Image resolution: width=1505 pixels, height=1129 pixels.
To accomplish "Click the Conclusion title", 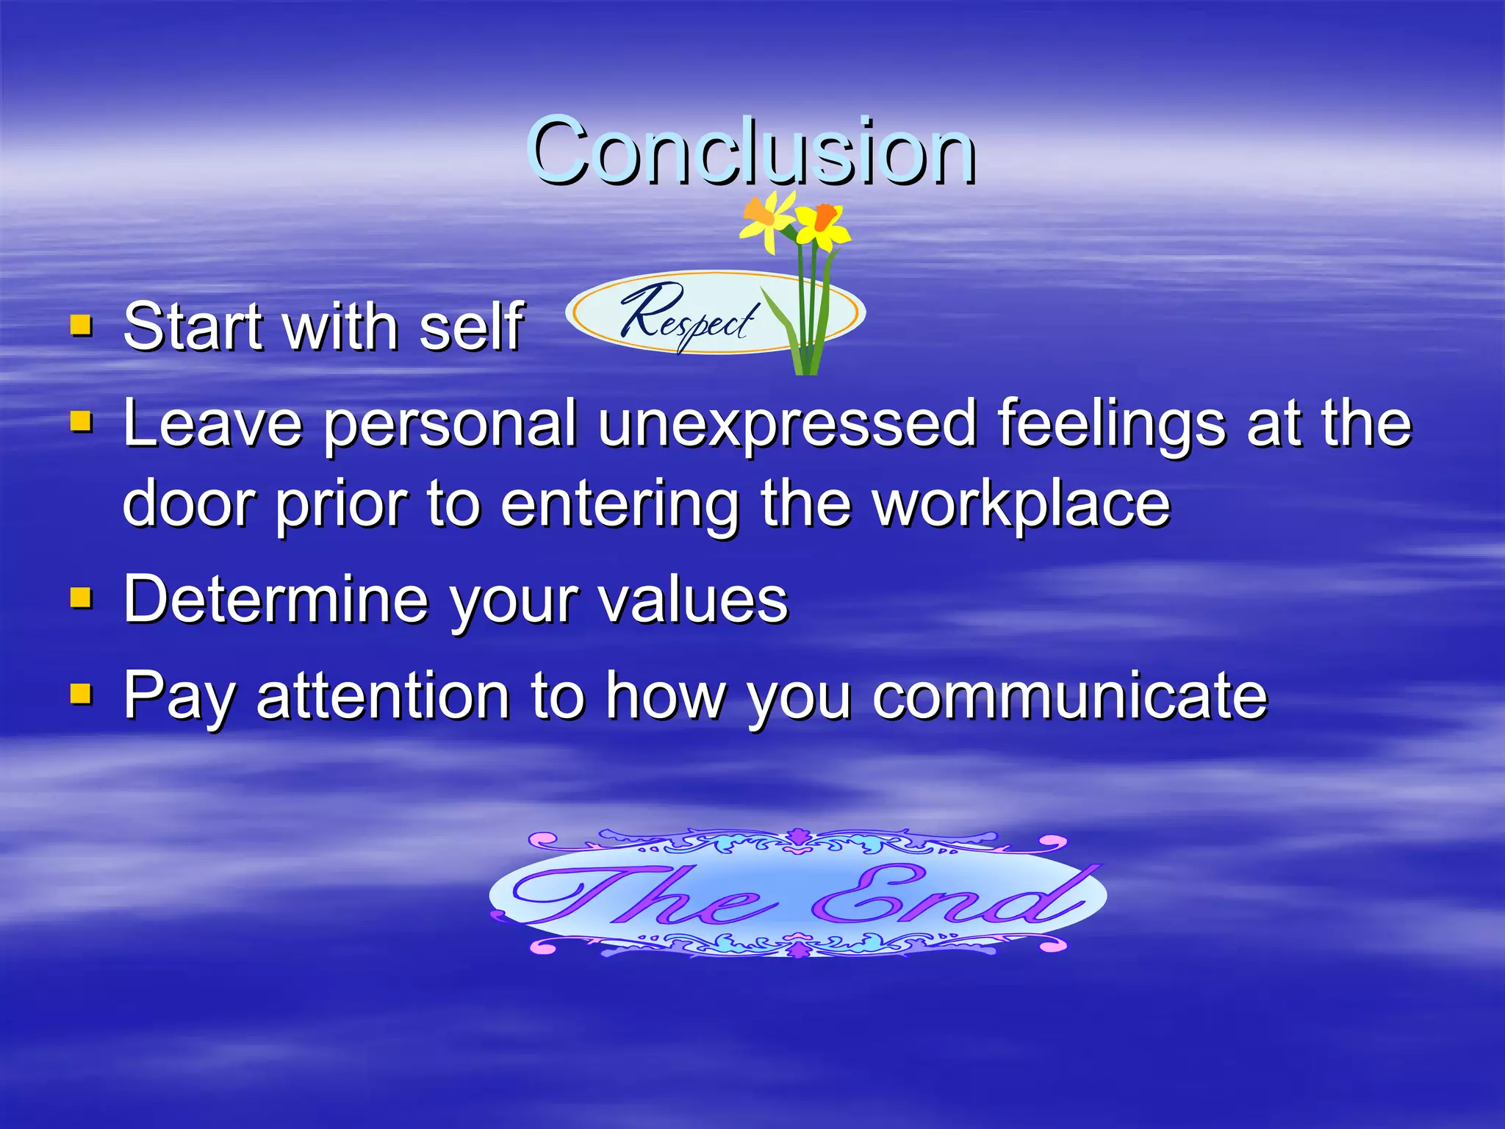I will (x=751, y=152).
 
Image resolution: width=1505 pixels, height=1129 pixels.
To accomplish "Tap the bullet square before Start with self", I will (x=81, y=325).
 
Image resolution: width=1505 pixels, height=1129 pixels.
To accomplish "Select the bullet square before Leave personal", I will (x=81, y=422).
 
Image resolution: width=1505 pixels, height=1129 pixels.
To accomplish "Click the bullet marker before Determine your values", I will (x=81, y=598).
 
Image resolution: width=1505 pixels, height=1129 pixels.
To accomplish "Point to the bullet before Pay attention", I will (x=81, y=694).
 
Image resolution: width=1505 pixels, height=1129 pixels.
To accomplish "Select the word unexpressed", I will (x=786, y=425).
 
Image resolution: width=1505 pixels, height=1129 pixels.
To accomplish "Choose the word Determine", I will (x=276, y=599).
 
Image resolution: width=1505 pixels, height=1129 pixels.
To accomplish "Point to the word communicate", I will (x=1070, y=695).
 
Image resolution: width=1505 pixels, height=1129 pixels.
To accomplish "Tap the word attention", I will (x=382, y=695).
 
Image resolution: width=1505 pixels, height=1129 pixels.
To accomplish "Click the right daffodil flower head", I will (x=823, y=224).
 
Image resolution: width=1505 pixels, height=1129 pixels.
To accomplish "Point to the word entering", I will (x=619, y=507).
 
